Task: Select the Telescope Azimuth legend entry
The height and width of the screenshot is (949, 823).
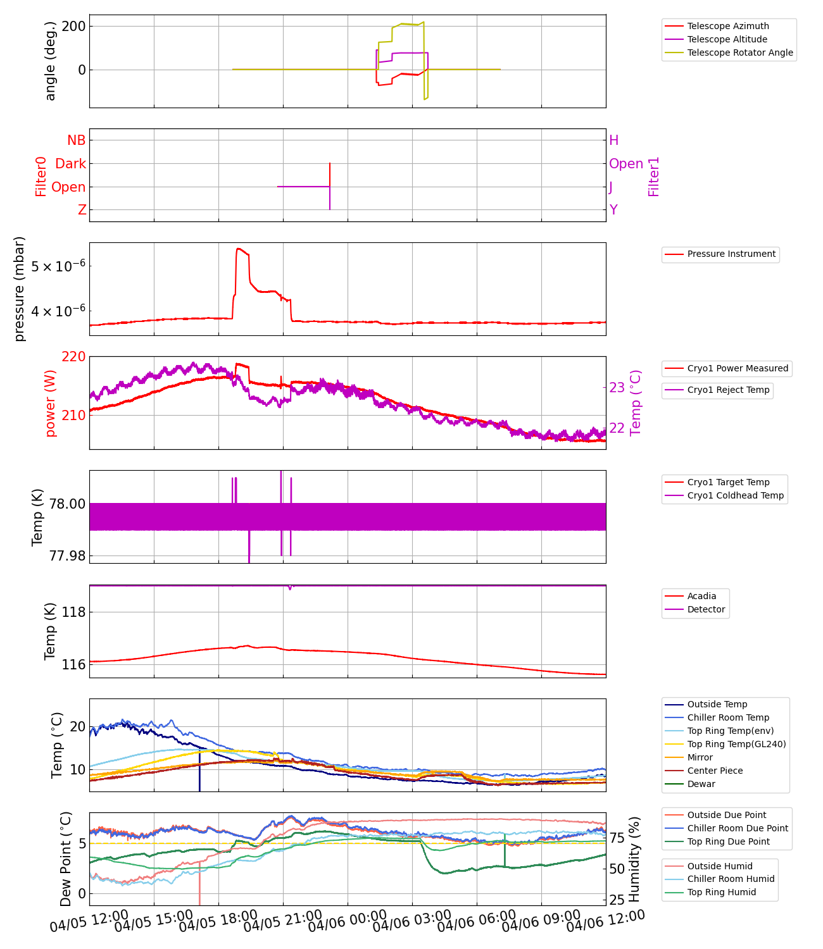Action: coord(728,26)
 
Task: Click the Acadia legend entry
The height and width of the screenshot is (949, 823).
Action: coord(701,596)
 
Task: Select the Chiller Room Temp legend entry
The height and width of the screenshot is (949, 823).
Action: coord(728,717)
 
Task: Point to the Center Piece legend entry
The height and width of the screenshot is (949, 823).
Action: coord(715,771)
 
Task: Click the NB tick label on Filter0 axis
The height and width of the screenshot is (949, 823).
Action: coord(76,140)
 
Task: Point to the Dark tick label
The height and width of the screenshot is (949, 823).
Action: coord(70,164)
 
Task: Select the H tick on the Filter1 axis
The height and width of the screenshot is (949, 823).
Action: coord(613,140)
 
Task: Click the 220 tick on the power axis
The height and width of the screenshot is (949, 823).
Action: coord(73,357)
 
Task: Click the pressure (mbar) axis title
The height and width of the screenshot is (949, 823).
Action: coord(20,288)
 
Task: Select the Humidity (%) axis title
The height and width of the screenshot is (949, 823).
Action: coord(634,859)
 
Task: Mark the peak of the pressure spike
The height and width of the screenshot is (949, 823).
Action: coord(238,249)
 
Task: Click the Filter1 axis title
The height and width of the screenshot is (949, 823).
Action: coord(654,177)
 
